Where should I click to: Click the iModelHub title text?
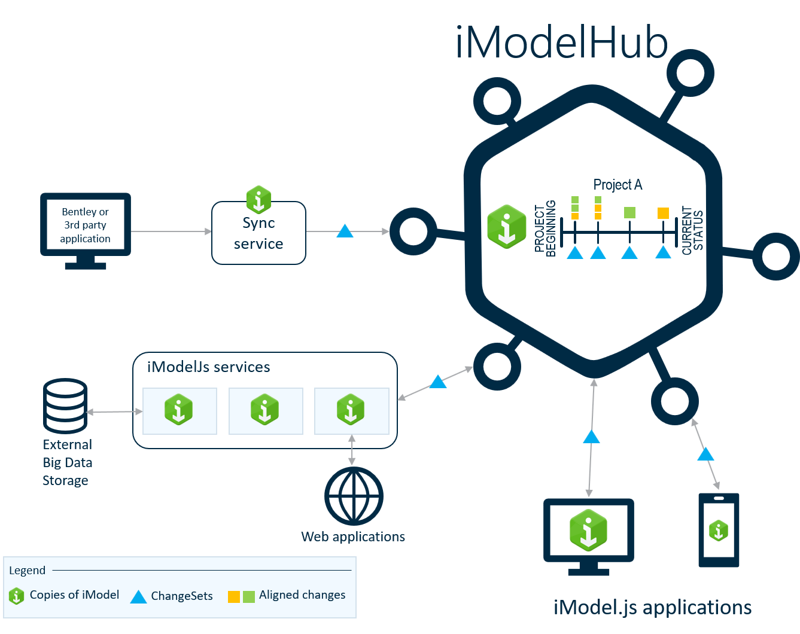(561, 43)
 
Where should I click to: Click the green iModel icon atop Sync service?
(258, 199)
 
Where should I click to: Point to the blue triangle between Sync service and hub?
(345, 231)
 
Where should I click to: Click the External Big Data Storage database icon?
(66, 406)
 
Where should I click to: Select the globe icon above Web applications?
(353, 496)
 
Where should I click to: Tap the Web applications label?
(353, 537)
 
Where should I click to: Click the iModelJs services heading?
(208, 367)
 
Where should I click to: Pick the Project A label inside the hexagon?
(618, 184)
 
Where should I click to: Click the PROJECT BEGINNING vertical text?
(545, 229)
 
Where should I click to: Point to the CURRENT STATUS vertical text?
(692, 230)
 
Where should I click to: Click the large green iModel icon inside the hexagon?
(506, 227)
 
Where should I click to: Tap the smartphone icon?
(719, 530)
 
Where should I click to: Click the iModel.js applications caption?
(652, 607)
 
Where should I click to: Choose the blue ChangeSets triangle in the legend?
(138, 597)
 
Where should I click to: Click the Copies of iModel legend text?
(74, 595)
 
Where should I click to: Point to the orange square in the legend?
(234, 596)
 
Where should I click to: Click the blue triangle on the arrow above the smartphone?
(705, 455)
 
